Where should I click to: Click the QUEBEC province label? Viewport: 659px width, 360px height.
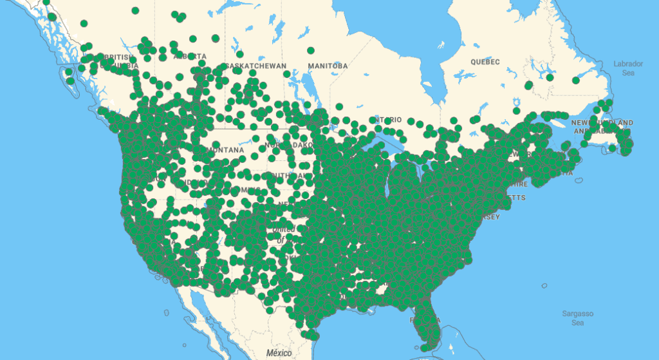click(485, 62)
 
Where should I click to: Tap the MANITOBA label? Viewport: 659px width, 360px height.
click(328, 66)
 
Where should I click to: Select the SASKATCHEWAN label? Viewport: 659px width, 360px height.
click(255, 66)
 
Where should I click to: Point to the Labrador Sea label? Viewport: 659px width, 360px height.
click(627, 68)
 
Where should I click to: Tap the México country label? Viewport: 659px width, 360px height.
click(279, 353)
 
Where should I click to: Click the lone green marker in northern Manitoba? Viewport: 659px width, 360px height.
click(311, 50)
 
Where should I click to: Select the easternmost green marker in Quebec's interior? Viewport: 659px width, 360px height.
click(576, 81)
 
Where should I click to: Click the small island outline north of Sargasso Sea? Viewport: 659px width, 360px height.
click(544, 285)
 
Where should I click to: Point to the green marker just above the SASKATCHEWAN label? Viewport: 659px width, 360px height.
click(239, 54)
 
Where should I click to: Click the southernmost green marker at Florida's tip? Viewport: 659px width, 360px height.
click(424, 348)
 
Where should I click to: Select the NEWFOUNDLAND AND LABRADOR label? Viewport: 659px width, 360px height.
click(602, 126)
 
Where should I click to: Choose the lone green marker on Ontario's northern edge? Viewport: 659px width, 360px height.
click(339, 107)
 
